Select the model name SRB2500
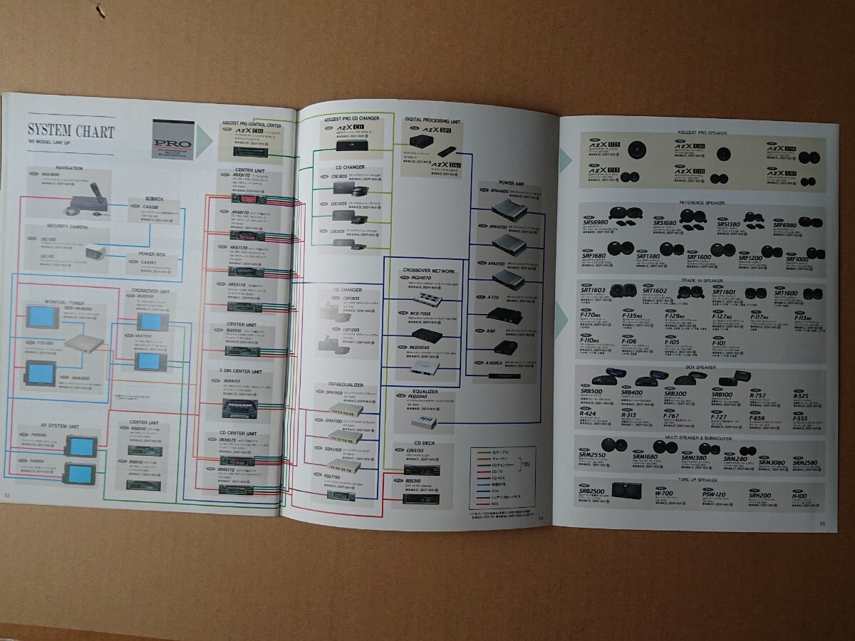[x=596, y=492]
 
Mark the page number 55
[x=822, y=525]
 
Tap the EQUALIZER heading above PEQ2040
[x=424, y=391]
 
